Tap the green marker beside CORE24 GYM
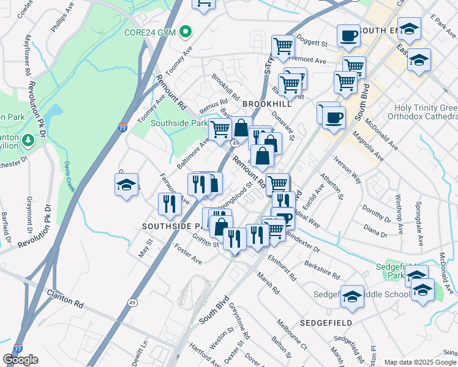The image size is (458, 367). (x=184, y=32)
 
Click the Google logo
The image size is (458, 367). (x=20, y=360)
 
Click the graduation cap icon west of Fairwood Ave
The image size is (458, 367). (x=126, y=185)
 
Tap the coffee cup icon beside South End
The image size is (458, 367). (x=348, y=35)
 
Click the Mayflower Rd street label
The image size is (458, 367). (x=27, y=54)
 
